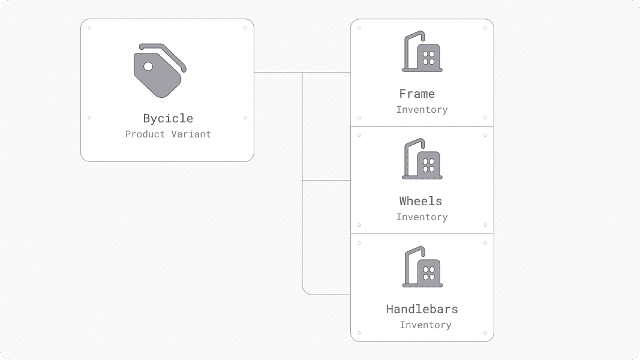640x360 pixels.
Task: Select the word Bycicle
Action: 168,118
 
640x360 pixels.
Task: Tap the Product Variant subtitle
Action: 168,134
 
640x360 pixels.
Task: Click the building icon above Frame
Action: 422,52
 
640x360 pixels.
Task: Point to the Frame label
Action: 417,94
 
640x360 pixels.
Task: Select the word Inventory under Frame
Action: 422,110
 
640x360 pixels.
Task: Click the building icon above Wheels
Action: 422,160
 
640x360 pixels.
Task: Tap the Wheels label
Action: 420,201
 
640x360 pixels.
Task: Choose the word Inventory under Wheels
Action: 422,217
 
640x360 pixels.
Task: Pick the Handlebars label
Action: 422,309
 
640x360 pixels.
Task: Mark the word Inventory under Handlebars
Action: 425,325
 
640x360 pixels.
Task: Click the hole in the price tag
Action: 148,66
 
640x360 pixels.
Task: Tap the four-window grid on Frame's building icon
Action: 429,58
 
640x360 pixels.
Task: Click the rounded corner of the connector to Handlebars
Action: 305,292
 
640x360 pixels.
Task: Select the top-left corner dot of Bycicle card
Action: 89,28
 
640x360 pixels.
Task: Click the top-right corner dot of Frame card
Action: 485,28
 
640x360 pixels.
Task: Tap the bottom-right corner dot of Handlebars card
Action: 485,333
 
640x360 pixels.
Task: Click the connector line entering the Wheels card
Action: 336,180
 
